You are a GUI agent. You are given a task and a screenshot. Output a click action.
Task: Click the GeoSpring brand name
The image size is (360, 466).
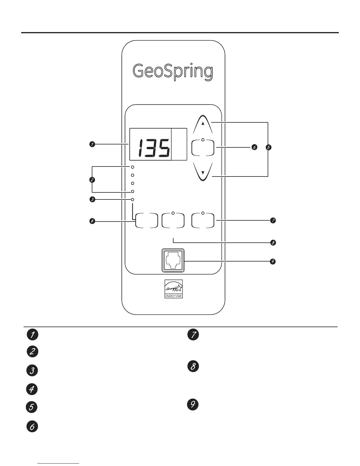coord(173,71)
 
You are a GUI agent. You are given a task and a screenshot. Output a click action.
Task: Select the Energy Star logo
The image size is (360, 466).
coord(174,289)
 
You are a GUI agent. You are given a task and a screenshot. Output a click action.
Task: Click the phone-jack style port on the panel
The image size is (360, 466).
coord(173,261)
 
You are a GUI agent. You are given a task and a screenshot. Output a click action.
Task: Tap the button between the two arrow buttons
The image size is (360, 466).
coord(203,148)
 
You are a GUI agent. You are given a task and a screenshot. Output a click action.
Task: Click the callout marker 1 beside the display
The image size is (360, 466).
coord(92,144)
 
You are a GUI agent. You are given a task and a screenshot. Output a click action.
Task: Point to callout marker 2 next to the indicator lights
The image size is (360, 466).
coord(92,179)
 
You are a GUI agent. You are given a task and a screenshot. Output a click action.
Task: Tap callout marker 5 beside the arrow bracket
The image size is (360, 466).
coord(268,147)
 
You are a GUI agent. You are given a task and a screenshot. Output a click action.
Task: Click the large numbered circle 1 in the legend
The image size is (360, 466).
coord(32,335)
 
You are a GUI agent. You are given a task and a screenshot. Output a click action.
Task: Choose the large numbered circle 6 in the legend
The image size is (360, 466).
coord(32,426)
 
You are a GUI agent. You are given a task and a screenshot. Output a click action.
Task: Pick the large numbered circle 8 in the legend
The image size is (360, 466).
coord(193,367)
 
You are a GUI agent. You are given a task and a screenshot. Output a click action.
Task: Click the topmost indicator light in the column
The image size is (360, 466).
coord(133,167)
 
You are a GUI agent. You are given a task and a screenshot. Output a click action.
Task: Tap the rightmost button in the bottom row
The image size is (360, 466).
coord(203,220)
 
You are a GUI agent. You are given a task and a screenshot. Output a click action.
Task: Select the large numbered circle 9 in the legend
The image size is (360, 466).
coord(193,404)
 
